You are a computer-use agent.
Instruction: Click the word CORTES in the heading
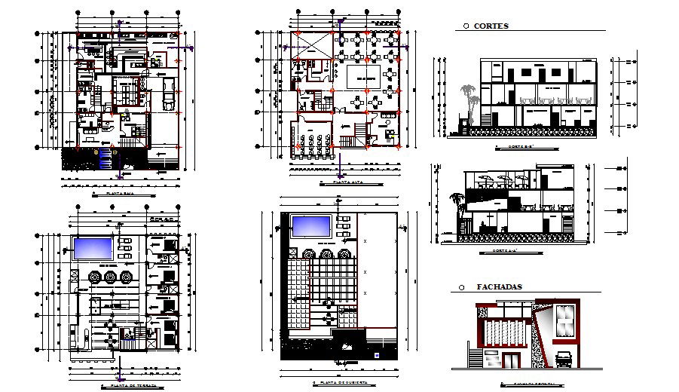[x=492, y=26]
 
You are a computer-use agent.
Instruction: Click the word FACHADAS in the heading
[x=499, y=287]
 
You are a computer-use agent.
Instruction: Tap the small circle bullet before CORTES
[x=466, y=26]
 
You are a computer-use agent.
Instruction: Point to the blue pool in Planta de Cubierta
[x=310, y=225]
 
